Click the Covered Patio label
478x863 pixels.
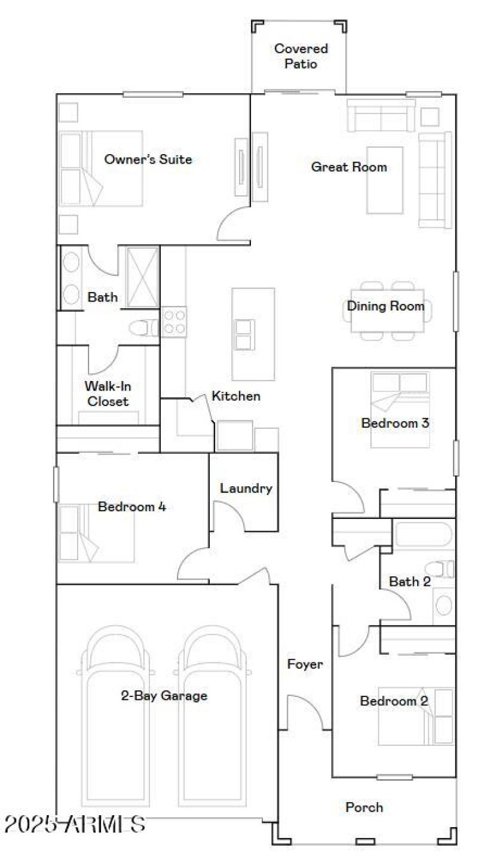pos(301,56)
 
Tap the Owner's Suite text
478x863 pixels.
pos(148,159)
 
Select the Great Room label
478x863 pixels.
pos(348,167)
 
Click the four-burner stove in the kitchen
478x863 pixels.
pos(174,321)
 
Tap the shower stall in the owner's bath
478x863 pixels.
pos(142,277)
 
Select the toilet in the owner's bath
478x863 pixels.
pos(142,327)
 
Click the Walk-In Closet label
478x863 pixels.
pos(108,393)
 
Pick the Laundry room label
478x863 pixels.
pos(246,489)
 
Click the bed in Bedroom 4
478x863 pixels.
pos(96,533)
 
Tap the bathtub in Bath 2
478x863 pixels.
pos(423,534)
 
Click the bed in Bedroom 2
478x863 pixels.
pos(416,716)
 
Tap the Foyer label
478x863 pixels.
pos(305,664)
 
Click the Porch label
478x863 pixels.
pos(364,807)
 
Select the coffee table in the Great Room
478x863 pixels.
pos(385,180)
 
